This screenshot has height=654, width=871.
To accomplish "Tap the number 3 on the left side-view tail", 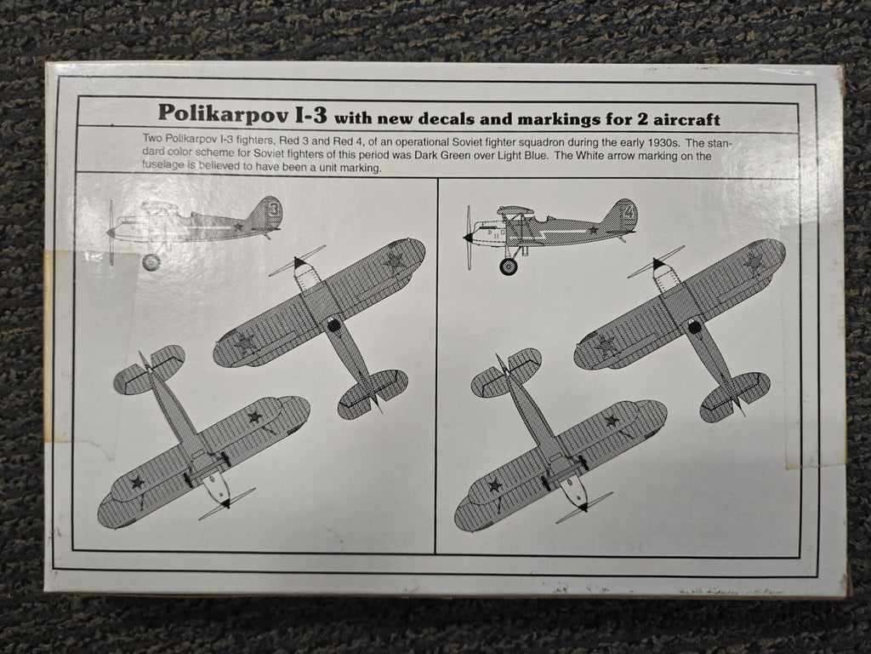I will click(273, 208).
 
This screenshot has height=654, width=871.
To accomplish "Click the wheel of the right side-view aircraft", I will click(508, 266).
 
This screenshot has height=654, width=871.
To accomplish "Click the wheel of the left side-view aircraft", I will click(151, 262).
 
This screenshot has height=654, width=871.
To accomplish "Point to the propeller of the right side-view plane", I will click(467, 238).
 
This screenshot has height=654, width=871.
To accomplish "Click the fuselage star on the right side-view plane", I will click(594, 230).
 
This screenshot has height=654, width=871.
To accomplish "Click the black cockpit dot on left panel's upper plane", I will click(333, 324).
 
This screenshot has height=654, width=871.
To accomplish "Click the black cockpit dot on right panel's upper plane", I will click(694, 326).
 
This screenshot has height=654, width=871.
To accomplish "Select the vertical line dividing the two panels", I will click(436, 366).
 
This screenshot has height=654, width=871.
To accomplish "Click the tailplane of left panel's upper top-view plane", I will click(373, 393).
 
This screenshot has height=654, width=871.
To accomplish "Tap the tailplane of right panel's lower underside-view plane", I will click(507, 371).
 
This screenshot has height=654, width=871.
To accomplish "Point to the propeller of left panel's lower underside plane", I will click(226, 503).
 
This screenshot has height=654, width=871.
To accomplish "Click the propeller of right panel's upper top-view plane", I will click(656, 262).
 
